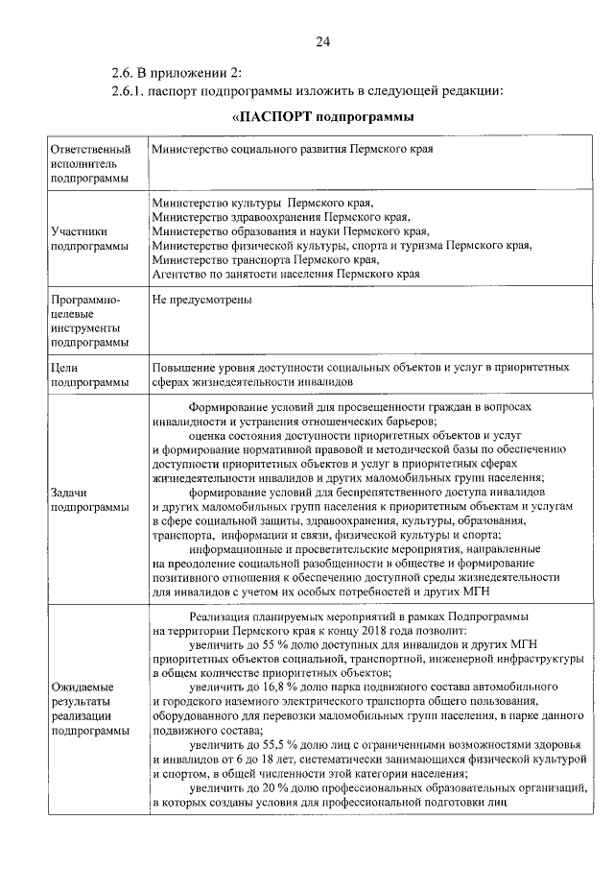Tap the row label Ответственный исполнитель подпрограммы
coord(89,164)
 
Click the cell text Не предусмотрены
coord(202,301)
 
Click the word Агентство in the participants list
coord(180,274)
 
